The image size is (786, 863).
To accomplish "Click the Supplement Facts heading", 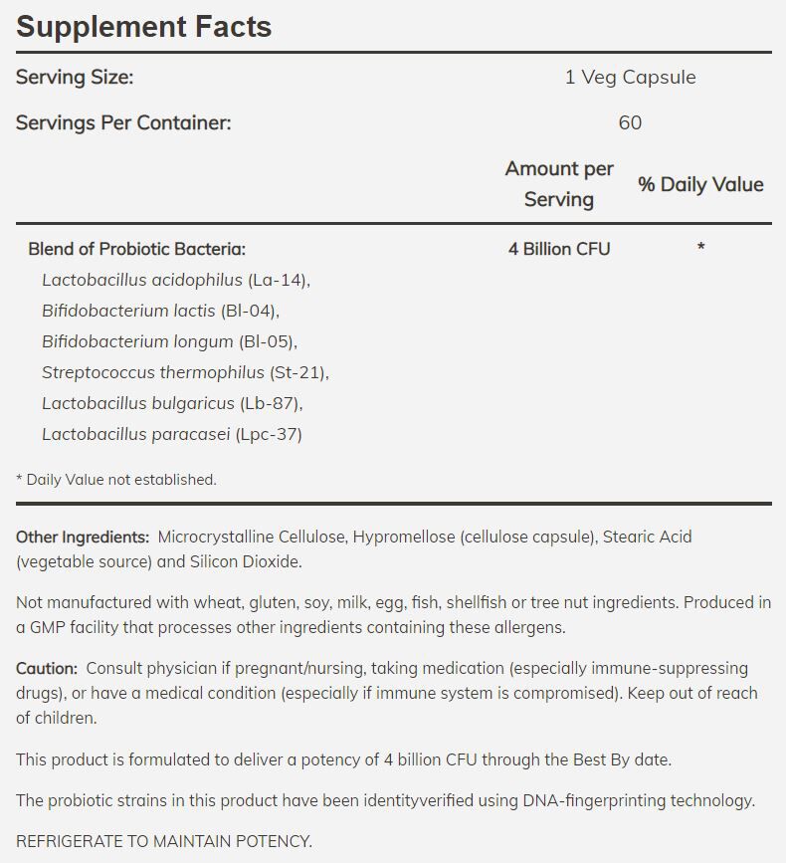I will (x=144, y=27).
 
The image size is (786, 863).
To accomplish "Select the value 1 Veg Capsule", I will (x=630, y=77).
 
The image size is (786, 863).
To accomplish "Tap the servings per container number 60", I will (x=630, y=122).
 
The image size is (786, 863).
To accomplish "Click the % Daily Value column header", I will (x=700, y=184).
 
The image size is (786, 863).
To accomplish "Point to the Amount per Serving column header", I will (x=559, y=184).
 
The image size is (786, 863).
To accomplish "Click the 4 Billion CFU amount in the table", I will (x=559, y=249).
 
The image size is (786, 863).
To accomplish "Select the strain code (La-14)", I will (x=278, y=280).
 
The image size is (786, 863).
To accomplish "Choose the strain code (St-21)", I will (x=297, y=372).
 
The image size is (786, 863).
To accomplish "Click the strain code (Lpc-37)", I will (x=269, y=434).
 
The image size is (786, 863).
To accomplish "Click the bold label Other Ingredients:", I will (x=83, y=537).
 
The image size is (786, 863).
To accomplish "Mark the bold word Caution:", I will (x=46, y=668).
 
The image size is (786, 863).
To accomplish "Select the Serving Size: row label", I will (x=75, y=77).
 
